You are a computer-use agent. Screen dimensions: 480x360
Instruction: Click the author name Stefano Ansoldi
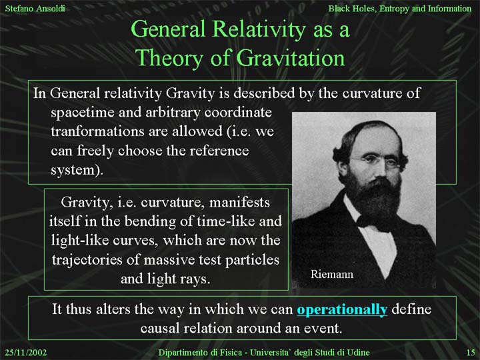coord(35,8)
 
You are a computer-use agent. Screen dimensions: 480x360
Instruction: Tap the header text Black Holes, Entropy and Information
coord(400,9)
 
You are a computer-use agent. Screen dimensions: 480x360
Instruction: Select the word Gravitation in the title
coord(291,58)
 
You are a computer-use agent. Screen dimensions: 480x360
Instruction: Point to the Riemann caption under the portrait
coord(332,274)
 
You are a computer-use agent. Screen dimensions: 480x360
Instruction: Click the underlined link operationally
coord(342,310)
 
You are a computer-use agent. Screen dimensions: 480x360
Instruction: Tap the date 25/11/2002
coord(26,353)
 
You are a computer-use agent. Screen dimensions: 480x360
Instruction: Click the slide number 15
coord(471,353)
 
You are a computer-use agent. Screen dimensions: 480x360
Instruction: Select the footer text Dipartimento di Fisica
coord(199,353)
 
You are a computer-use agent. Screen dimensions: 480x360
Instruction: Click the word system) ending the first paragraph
coord(77,170)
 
